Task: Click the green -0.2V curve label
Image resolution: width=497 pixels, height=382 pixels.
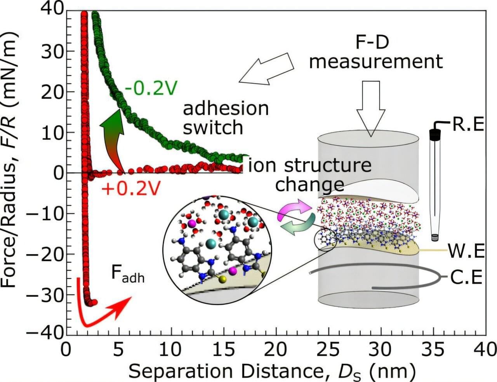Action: pos(151,89)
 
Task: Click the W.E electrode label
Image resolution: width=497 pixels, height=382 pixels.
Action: pos(466,251)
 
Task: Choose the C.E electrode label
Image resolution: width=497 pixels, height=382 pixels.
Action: pos(466,277)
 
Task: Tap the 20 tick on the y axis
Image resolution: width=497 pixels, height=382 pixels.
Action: pos(52,92)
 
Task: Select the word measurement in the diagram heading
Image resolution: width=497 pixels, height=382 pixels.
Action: pos(376,61)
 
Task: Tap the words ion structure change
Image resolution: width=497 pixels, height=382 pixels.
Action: pos(310,175)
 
